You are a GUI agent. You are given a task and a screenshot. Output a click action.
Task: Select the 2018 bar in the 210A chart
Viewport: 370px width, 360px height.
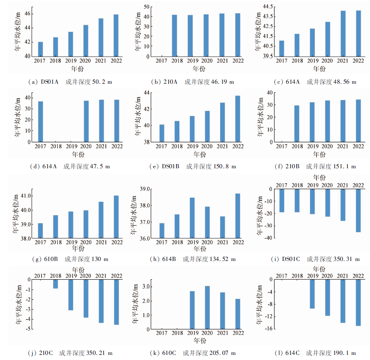tap(175, 36)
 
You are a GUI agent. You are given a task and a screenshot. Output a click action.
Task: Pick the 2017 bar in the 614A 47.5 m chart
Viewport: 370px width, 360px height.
tap(40, 122)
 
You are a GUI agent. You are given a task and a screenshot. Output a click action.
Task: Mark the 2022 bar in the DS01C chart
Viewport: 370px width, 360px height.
tap(358, 210)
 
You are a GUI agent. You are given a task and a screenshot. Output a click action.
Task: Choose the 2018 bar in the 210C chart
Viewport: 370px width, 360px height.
tap(56, 283)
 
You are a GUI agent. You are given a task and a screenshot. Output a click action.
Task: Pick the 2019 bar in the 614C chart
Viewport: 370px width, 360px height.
tap(312, 294)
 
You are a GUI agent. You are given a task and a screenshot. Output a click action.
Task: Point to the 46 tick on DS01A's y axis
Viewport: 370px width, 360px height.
tap(28, 14)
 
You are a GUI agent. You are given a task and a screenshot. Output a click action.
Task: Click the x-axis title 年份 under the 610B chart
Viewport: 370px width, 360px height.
tap(78, 248)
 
